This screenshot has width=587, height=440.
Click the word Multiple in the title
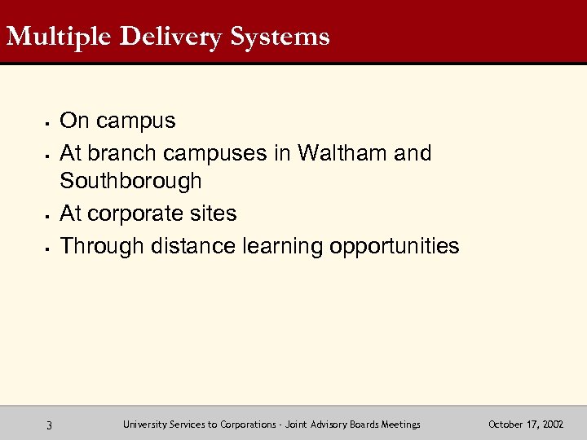pyautogui.click(x=51, y=37)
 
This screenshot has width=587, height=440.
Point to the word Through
pyautogui.click(x=103, y=245)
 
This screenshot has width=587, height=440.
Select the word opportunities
pyautogui.click(x=395, y=245)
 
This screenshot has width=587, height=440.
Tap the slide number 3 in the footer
pyautogui.click(x=50, y=425)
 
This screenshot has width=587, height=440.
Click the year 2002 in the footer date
pyautogui.click(x=549, y=425)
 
